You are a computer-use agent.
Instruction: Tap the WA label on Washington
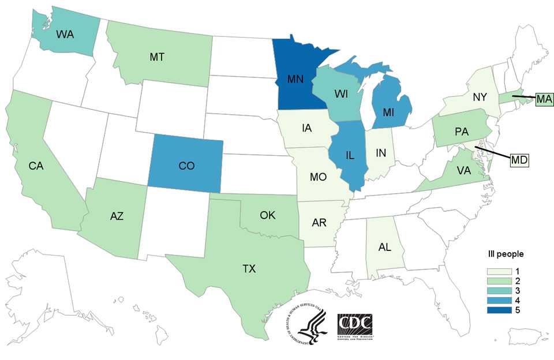[65, 34]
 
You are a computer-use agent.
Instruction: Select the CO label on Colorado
[186, 166]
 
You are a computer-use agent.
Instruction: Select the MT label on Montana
[156, 57]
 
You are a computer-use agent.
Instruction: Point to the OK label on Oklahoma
[268, 215]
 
